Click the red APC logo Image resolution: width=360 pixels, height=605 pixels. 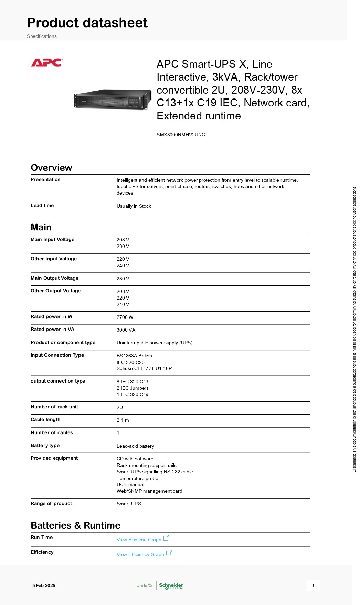click(46, 63)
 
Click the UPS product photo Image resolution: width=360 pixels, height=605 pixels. click(113, 100)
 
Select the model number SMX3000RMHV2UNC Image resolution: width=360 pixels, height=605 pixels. click(181, 135)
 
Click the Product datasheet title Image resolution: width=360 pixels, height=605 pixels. click(87, 23)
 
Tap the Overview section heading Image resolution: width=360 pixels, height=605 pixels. click(51, 168)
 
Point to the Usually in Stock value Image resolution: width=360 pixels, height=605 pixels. click(134, 206)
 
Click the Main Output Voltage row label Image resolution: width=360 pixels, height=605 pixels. click(54, 278)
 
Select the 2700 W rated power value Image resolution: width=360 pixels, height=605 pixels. click(125, 317)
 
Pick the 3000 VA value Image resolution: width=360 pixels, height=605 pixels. click(126, 330)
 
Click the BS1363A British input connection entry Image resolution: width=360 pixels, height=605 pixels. click(134, 356)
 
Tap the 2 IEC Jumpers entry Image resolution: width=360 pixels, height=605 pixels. click(133, 388)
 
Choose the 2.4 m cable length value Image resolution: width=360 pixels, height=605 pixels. click(123, 420)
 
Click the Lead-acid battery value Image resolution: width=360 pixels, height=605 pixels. click(135, 446)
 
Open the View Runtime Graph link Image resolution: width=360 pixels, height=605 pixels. click(139, 540)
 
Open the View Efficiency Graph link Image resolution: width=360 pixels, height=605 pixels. click(140, 554)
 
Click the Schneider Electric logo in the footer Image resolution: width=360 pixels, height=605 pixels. click(171, 586)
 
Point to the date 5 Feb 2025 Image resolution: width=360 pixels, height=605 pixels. click(44, 585)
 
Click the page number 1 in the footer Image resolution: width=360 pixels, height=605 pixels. click(313, 585)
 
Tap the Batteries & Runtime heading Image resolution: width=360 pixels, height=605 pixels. click(75, 525)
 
